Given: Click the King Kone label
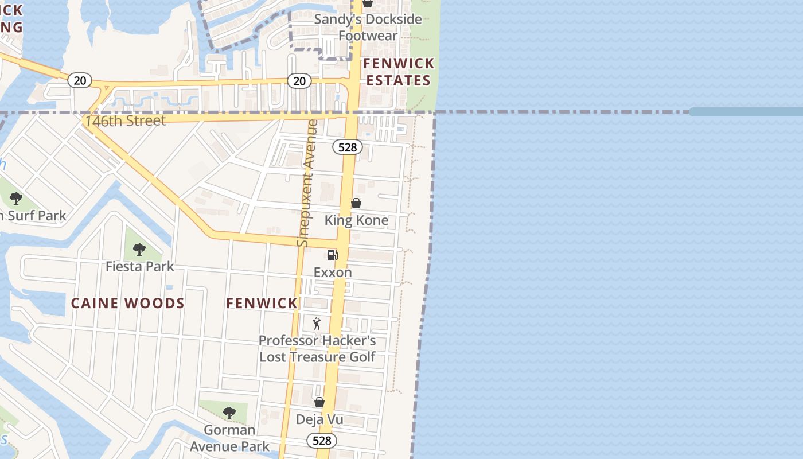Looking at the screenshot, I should [356, 220].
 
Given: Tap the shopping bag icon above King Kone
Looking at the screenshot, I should [356, 203].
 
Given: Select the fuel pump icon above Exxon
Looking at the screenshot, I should [333, 255].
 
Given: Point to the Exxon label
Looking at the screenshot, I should [333, 272].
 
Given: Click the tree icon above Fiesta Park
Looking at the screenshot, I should [139, 250].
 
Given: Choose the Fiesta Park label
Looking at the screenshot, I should [139, 266].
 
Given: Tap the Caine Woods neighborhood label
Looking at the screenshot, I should [128, 304].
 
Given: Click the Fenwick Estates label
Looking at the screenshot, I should [399, 72].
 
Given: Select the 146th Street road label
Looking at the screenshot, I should [125, 120].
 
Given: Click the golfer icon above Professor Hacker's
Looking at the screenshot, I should [317, 324].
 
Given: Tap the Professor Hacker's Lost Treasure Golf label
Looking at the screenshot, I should [317, 348].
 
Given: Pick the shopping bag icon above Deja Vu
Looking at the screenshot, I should [319, 402].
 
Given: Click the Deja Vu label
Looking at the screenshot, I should [319, 419].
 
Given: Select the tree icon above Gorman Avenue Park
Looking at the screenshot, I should [229, 413].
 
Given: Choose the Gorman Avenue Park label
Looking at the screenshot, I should [229, 438].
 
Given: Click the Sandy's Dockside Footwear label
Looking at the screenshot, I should [368, 27].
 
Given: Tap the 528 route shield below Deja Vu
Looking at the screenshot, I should [322, 441].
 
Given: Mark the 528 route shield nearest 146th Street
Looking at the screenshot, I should [348, 147].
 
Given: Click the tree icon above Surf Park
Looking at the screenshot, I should [16, 199].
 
